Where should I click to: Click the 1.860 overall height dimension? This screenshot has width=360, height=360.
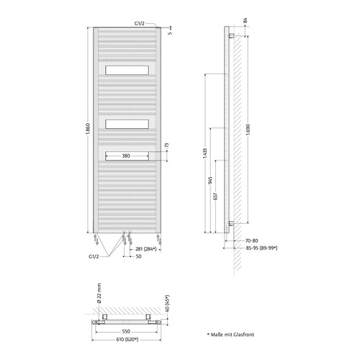pyautogui.click(x=88, y=132)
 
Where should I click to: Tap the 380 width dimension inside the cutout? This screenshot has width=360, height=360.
pyautogui.click(x=126, y=156)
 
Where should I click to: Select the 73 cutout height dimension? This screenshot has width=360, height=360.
pyautogui.click(x=167, y=145)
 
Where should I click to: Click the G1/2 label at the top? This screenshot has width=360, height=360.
pyautogui.click(x=140, y=23)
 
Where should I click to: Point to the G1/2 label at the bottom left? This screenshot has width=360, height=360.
pyautogui.click(x=94, y=256)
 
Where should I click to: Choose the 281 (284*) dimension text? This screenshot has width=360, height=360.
pyautogui.click(x=146, y=249)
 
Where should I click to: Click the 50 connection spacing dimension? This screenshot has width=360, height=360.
pyautogui.click(x=138, y=256)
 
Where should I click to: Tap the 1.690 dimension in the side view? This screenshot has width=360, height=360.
pyautogui.click(x=248, y=130)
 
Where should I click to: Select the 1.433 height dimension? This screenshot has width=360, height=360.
pyautogui.click(x=204, y=153)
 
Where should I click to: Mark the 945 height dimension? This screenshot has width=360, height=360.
pyautogui.click(x=210, y=180)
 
